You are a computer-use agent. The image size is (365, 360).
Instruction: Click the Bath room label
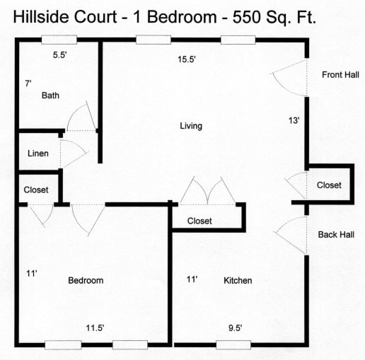pyautogui.click(x=50, y=95)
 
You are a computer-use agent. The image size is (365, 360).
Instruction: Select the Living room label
pyautogui.click(x=191, y=126)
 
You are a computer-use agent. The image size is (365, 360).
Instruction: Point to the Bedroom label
pyautogui.click(x=86, y=281)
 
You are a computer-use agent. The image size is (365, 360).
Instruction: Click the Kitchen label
pyautogui.click(x=238, y=281)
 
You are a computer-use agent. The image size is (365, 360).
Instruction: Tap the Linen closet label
pyautogui.click(x=38, y=153)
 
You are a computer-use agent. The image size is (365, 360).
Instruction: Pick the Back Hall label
pyautogui.click(x=336, y=235)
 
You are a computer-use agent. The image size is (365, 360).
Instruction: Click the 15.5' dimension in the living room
pyautogui.click(x=186, y=60)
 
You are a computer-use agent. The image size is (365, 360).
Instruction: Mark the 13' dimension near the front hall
pyautogui.click(x=294, y=120)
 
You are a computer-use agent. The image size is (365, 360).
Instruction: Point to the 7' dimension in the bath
pyautogui.click(x=28, y=83)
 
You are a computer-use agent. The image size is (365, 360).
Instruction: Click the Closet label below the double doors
pyautogui.click(x=199, y=221)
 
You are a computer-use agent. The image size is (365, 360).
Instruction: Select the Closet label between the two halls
pyautogui.click(x=329, y=185)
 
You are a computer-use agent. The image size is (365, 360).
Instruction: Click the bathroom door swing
pyautogui.click(x=81, y=117)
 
